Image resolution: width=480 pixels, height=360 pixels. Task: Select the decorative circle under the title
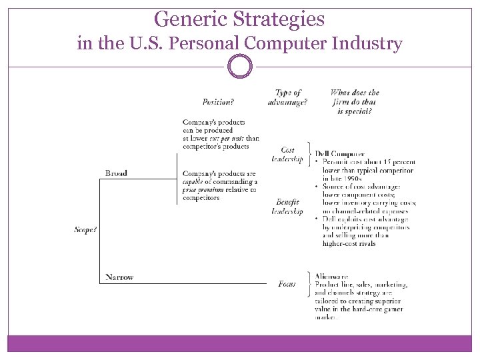click(240, 67)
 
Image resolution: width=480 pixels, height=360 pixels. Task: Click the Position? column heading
click(218, 102)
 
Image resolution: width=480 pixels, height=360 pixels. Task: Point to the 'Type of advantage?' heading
click(287, 97)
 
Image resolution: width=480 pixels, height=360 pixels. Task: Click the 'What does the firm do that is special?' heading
click(355, 102)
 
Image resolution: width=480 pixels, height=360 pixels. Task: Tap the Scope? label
click(85, 230)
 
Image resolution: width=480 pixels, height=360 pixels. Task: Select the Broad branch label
click(116, 173)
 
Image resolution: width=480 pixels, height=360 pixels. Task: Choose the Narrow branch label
click(119, 277)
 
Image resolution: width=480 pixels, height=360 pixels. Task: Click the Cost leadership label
click(287, 155)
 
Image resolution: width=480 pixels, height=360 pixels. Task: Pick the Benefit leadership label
click(287, 207)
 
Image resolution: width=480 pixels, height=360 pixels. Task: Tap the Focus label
click(287, 284)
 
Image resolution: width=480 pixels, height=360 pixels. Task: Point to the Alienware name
click(331, 276)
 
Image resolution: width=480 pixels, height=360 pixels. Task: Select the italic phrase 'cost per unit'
click(223, 138)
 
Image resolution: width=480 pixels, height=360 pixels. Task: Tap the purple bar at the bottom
click(240, 343)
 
